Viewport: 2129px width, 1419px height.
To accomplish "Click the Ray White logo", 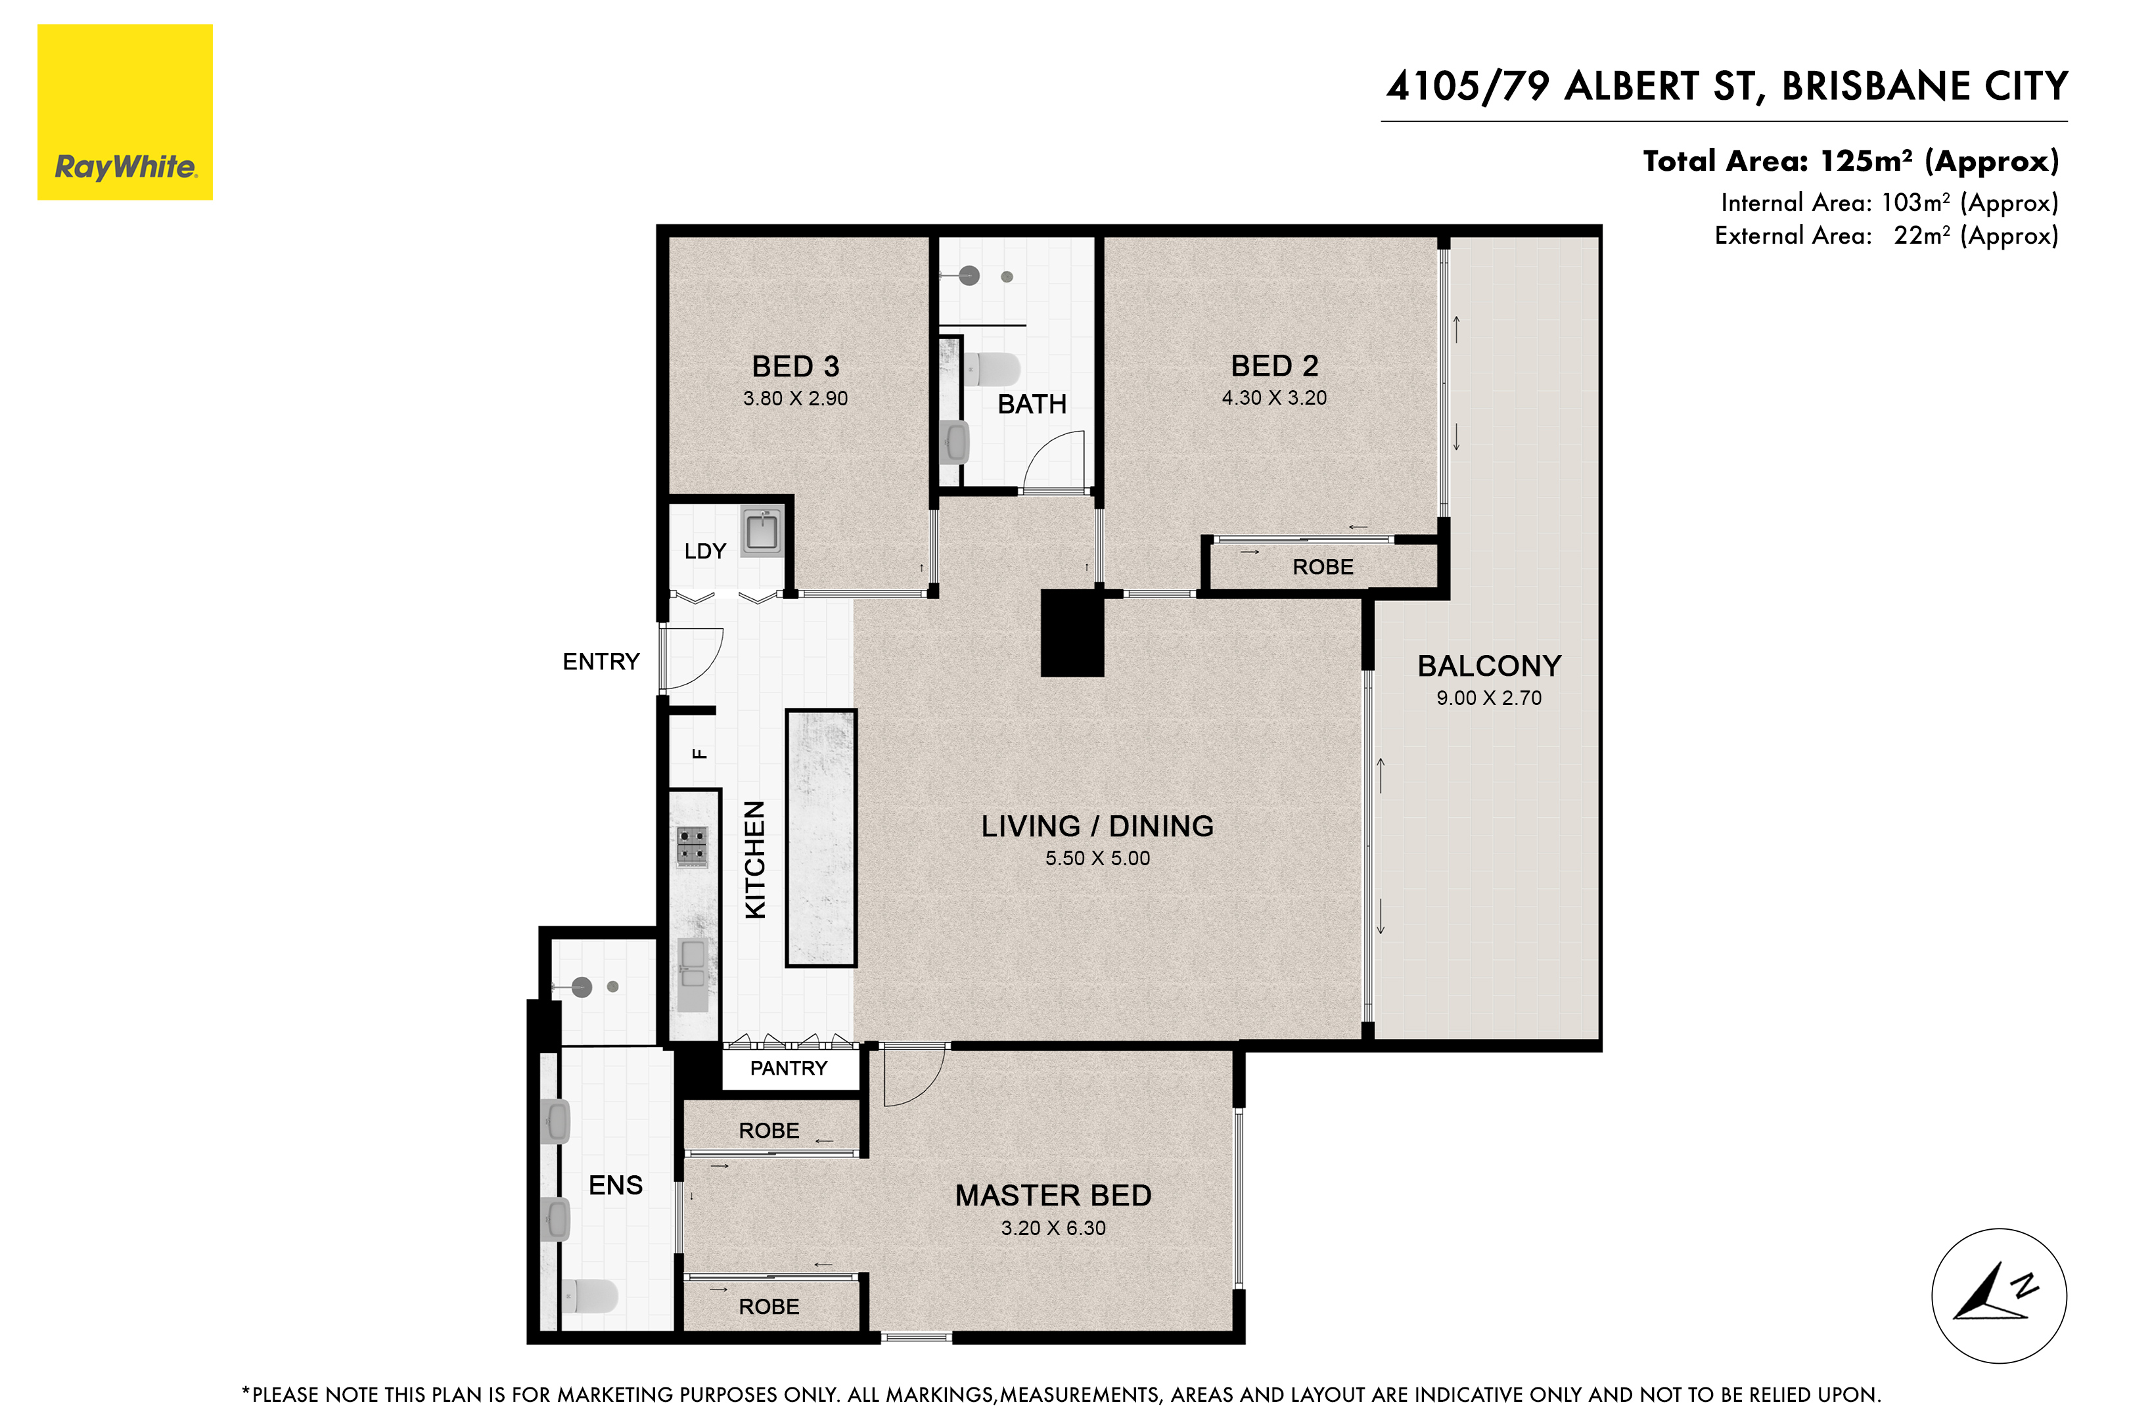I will pyautogui.click(x=125, y=112).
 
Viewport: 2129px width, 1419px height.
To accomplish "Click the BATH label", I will pyautogui.click(x=1031, y=405).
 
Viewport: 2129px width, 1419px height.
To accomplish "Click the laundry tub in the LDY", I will pyautogui.click(x=762, y=530).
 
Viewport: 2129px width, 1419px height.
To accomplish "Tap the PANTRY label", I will pyautogui.click(x=789, y=1068).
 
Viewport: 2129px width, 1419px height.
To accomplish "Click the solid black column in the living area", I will pyautogui.click(x=1072, y=633).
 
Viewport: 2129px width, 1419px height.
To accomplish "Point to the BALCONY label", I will pyautogui.click(x=1489, y=666).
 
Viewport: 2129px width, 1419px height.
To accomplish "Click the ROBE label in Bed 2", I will pyautogui.click(x=1323, y=568).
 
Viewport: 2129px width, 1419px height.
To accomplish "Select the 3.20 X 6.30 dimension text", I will pyautogui.click(x=1053, y=1228).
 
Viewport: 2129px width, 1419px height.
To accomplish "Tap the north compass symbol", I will pyautogui.click(x=1999, y=1295).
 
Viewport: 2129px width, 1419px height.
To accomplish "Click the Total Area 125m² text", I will pyautogui.click(x=1850, y=161).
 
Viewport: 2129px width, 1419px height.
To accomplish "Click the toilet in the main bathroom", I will pyautogui.click(x=992, y=369).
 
